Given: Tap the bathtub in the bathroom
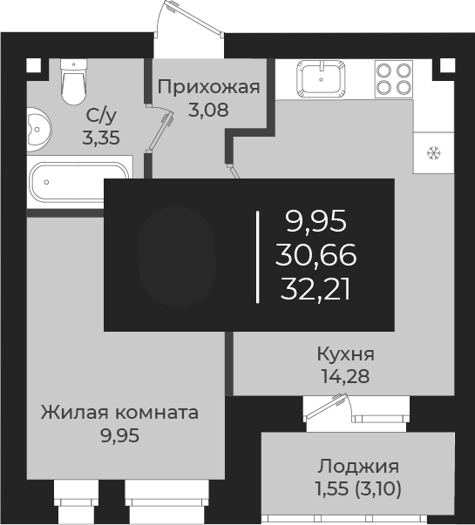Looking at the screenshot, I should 78,184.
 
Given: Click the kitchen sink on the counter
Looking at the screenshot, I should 323,77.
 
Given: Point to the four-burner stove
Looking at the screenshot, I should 393,78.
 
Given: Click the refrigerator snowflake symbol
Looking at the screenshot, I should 433,154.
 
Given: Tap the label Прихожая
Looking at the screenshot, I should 209,86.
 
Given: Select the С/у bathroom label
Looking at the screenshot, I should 99,114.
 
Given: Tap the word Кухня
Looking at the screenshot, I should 345,354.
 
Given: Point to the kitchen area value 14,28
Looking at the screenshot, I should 345,377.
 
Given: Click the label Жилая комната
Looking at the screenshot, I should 119,412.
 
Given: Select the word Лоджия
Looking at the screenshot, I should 358,466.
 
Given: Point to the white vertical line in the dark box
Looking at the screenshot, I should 258,257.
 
